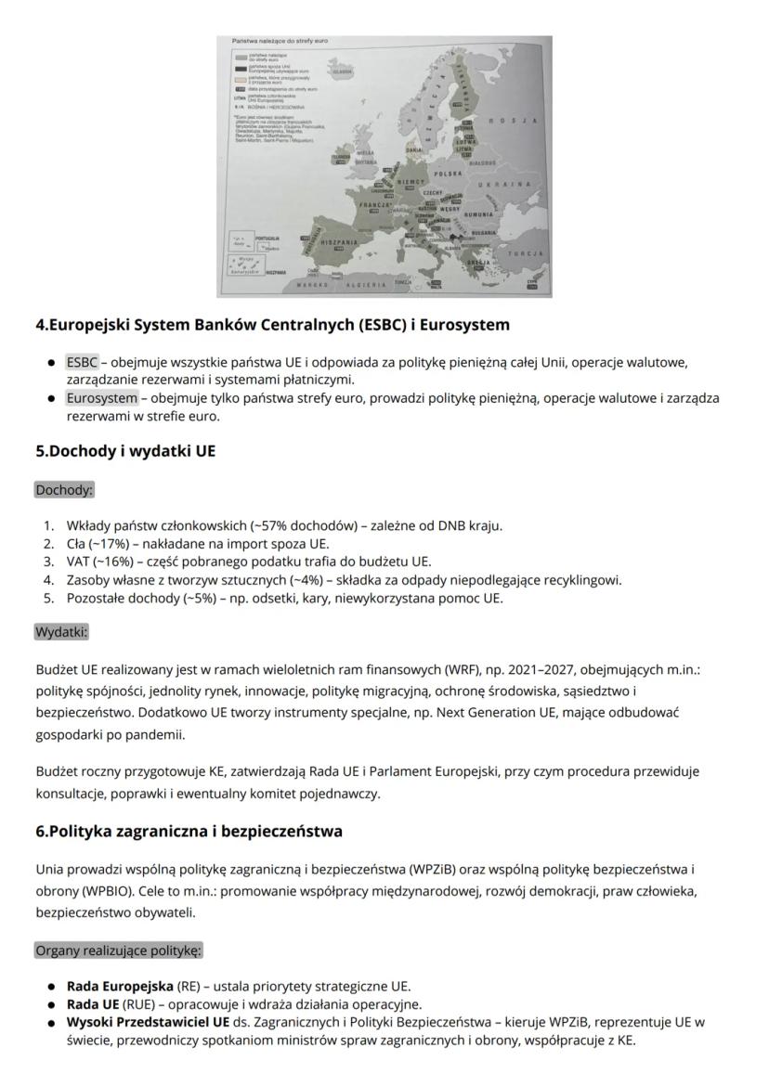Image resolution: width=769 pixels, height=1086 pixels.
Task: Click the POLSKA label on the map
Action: pyautogui.click(x=449, y=174)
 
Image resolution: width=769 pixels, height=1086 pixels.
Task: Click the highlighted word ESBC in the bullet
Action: pyautogui.click(x=82, y=362)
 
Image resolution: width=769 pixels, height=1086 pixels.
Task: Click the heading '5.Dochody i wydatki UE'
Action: pyautogui.click(x=125, y=452)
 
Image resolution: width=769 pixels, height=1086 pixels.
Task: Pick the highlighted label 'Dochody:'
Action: pyautogui.click(x=64, y=489)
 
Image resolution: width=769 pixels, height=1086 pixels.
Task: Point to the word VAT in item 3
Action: pyautogui.click(x=78, y=562)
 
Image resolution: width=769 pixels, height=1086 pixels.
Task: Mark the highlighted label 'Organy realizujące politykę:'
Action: pyautogui.click(x=118, y=950)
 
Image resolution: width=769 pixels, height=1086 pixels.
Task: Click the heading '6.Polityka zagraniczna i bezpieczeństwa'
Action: pyautogui.click(x=189, y=831)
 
